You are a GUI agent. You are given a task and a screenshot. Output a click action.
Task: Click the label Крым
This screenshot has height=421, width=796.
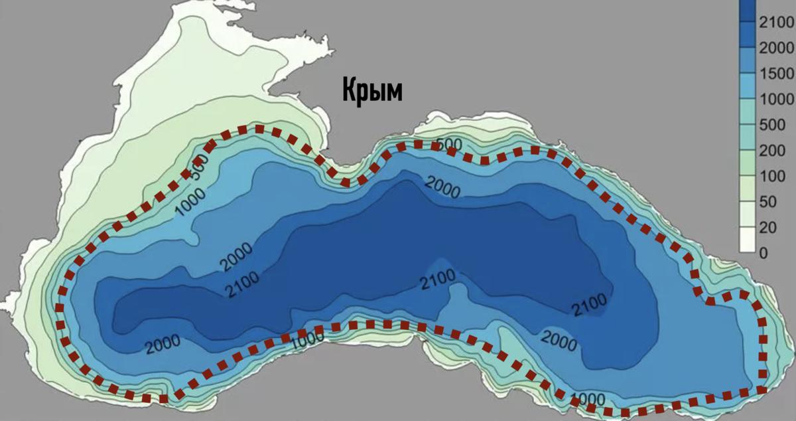pyautogui.click(x=372, y=90)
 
